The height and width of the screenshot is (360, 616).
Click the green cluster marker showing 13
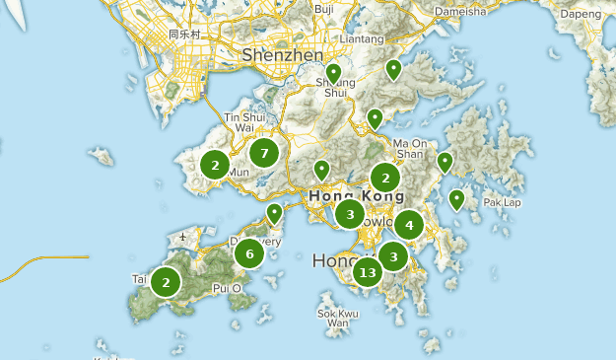tap(368, 272)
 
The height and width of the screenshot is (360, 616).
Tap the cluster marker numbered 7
tap(263, 152)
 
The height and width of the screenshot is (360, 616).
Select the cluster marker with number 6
tap(249, 253)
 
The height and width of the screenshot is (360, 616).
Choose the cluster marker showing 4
tap(409, 225)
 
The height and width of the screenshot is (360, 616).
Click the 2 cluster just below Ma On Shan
tap(385, 178)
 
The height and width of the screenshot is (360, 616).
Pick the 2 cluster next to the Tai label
tap(166, 282)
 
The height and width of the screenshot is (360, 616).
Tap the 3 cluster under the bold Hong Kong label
tap(349, 213)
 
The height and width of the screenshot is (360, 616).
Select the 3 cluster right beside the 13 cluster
tap(393, 256)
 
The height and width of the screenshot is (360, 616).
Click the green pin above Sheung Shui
tap(334, 73)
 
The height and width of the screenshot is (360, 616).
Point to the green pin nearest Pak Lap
tap(456, 200)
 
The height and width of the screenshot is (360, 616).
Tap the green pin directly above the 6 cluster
tap(275, 212)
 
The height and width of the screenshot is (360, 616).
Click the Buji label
tap(323, 9)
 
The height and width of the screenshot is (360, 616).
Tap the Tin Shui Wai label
tap(245, 121)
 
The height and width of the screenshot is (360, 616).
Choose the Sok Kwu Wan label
tap(338, 318)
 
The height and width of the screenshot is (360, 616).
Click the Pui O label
tap(227, 288)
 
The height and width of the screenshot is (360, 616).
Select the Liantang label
tap(361, 38)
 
